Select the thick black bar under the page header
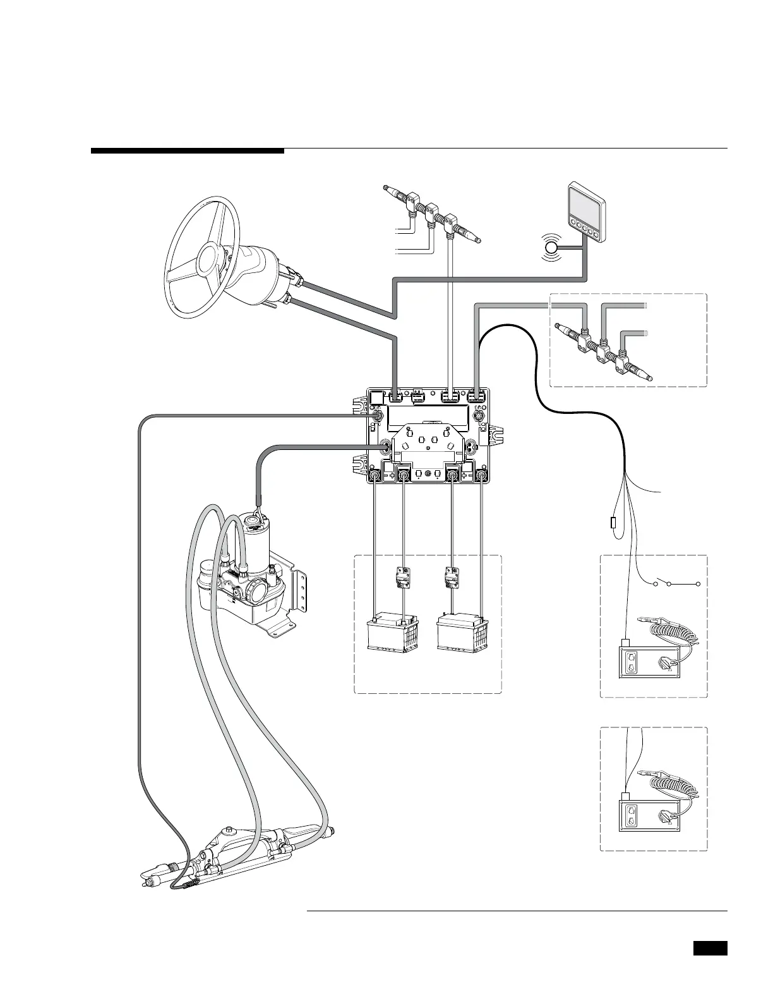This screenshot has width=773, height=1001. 188,151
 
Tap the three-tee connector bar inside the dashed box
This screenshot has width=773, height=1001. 603,353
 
